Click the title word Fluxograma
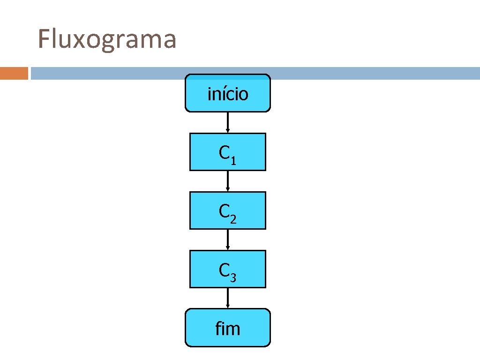pyautogui.click(x=107, y=39)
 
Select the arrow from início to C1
pyautogui.click(x=228, y=122)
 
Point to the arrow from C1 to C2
pyautogui.click(x=228, y=181)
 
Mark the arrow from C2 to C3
pyautogui.click(x=228, y=240)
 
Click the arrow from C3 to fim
pyautogui.click(x=228, y=298)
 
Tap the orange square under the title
pyautogui.click(x=14, y=74)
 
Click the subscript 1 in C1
pyautogui.click(x=233, y=161)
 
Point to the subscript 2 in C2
pyautogui.click(x=233, y=219)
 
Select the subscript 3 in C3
pyautogui.click(x=233, y=278)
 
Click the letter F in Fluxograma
pyautogui.click(x=44, y=39)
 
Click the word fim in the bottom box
pyautogui.click(x=228, y=329)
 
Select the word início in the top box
pyautogui.click(x=228, y=94)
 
